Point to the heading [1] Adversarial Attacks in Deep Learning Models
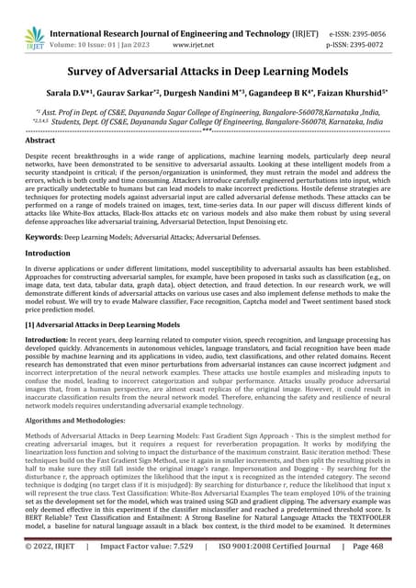101,325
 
